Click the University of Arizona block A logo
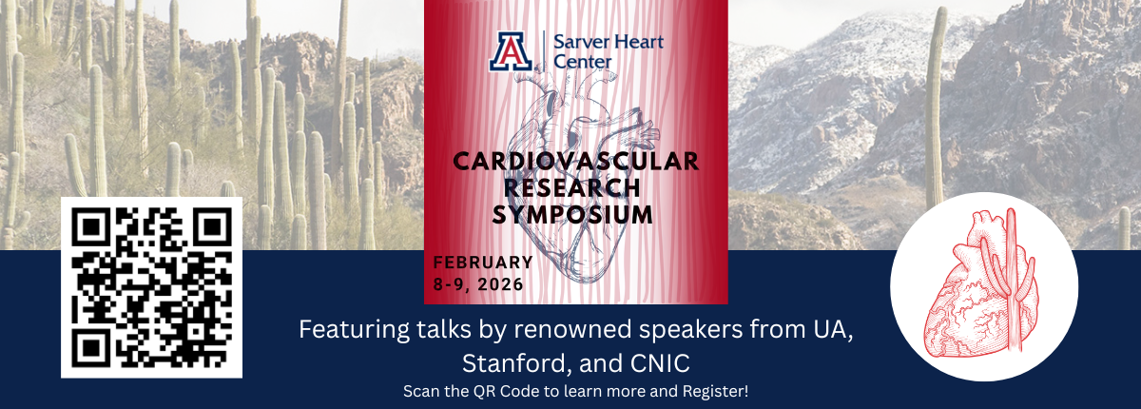[511, 51]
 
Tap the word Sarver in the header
[578, 42]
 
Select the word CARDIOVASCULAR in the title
[575, 162]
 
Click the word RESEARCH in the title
[572, 188]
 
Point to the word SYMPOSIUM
[572, 214]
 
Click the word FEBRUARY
[483, 263]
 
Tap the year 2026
[500, 284]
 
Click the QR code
[152, 287]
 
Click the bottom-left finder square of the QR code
[89, 349]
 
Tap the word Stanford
[517, 363]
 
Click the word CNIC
[660, 363]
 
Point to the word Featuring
[354, 330]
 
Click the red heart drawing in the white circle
[981, 289]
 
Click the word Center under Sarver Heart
[582, 62]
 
